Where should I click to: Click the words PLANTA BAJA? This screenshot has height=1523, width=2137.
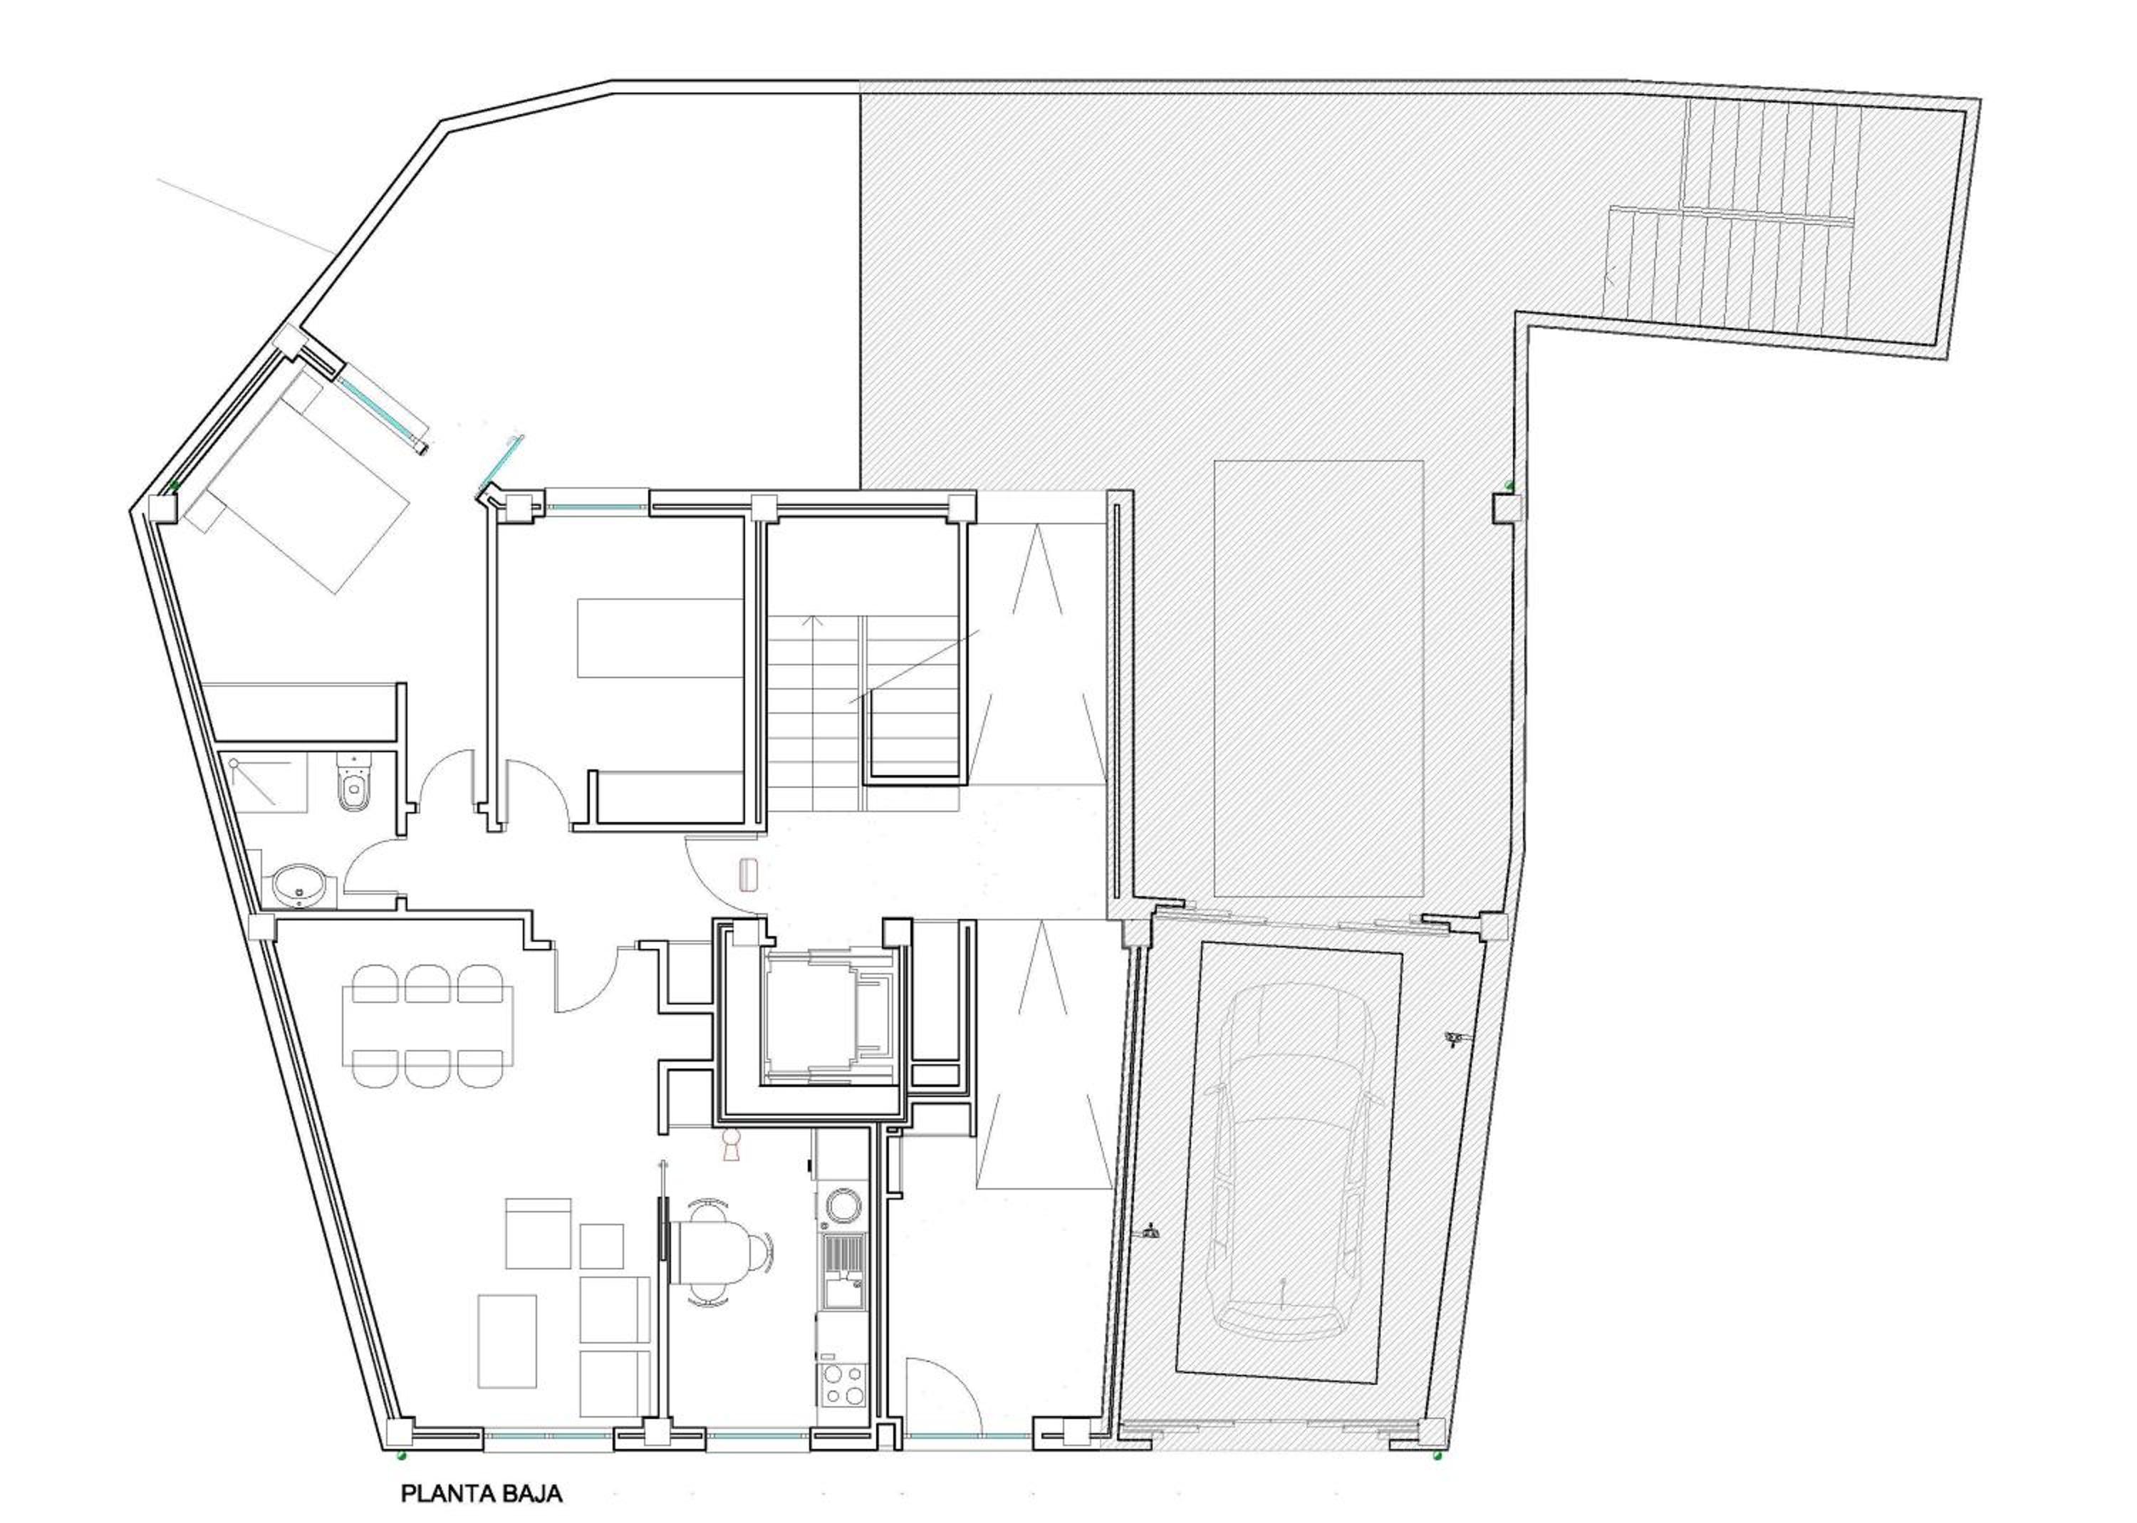pyautogui.click(x=482, y=1493)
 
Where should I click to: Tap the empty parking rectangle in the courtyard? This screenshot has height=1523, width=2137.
pyautogui.click(x=1319, y=678)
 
